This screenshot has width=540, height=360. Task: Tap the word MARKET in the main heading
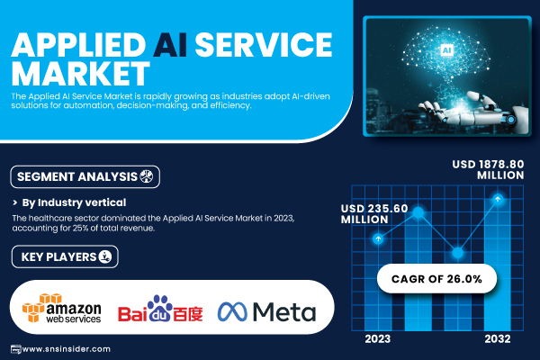(x=81, y=74)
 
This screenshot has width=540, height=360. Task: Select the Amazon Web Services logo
(x=62, y=309)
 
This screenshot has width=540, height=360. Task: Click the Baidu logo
(x=160, y=309)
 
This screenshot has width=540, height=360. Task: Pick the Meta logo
(x=266, y=311)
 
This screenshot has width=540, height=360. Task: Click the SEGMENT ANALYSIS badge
(x=85, y=176)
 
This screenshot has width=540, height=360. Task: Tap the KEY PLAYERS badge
(x=65, y=256)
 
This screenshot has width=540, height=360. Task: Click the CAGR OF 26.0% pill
(x=436, y=279)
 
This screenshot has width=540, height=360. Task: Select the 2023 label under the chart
(x=378, y=339)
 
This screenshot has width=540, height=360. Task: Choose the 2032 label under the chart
(x=498, y=339)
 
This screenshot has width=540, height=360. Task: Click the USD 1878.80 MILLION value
(x=488, y=169)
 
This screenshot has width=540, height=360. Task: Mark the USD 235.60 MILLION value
(x=374, y=213)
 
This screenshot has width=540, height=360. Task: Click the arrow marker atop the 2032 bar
(x=498, y=199)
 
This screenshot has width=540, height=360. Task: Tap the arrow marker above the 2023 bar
(x=378, y=238)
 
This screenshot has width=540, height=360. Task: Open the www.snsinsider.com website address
(x=66, y=349)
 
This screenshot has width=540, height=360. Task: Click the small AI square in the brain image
(x=446, y=50)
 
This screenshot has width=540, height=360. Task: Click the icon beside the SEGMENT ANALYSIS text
(x=146, y=176)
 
